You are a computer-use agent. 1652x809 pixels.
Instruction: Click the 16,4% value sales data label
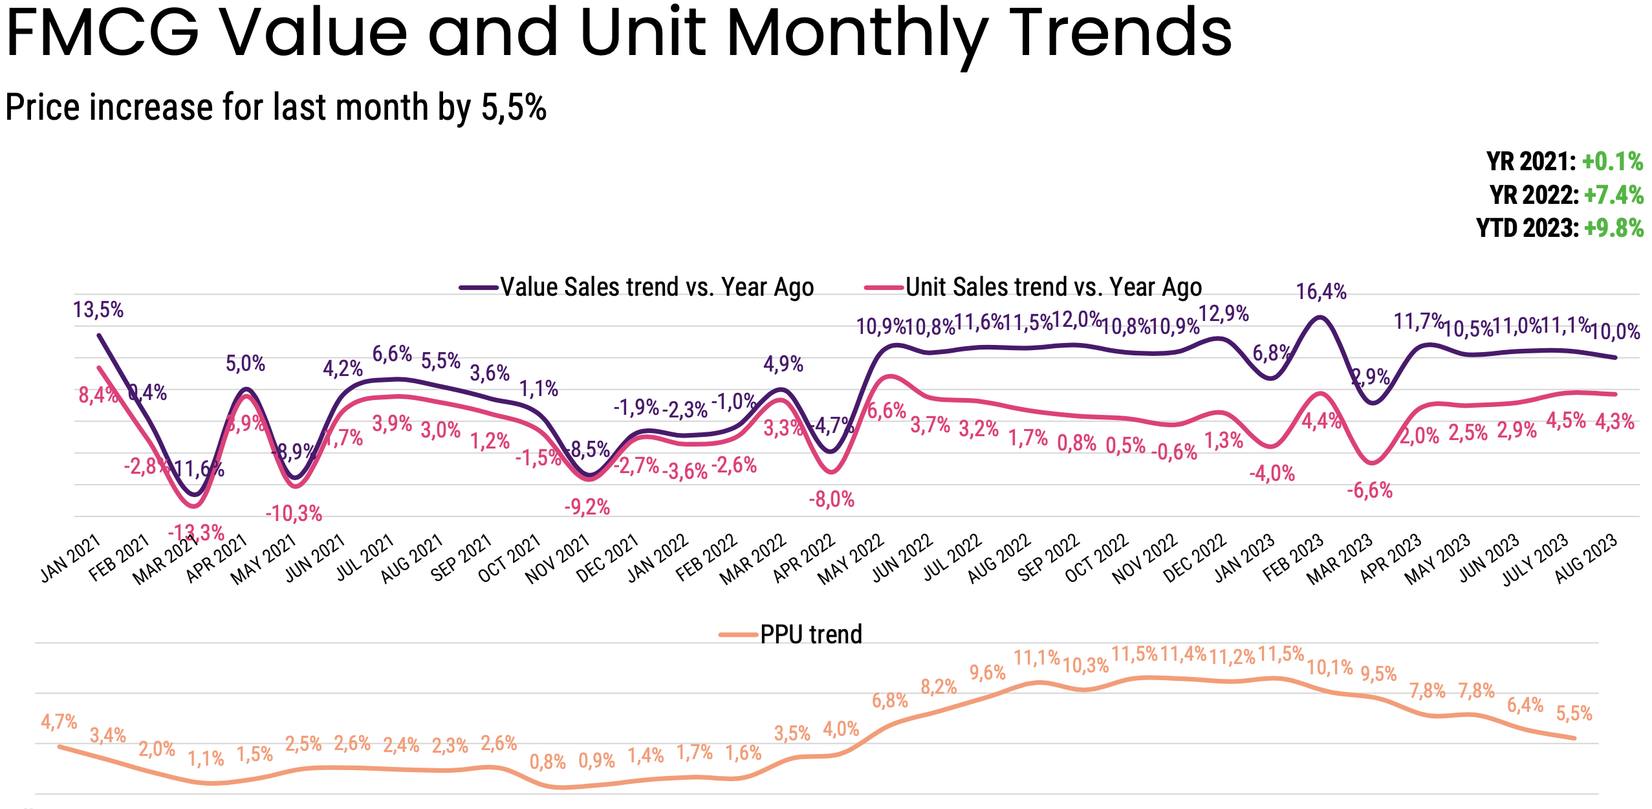point(1321,292)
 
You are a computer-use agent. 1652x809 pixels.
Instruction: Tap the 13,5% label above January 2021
point(98,310)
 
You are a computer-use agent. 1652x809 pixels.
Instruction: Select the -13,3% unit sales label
point(196,533)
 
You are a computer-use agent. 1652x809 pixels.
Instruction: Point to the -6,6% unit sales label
point(1369,491)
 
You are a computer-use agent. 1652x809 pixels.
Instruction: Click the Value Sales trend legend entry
point(637,287)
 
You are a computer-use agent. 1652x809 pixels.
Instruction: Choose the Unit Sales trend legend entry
point(1034,287)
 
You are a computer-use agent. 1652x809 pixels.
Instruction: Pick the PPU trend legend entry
point(791,634)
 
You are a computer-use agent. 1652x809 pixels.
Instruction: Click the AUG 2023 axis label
point(1586,559)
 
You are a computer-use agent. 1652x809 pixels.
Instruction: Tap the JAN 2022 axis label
point(658,559)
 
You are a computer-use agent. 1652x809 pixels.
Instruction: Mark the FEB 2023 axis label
point(1293,559)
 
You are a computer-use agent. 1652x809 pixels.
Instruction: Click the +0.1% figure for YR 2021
point(1613,162)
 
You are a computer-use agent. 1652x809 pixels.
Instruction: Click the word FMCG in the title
point(103,32)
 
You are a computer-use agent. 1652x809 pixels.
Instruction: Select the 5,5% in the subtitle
point(514,107)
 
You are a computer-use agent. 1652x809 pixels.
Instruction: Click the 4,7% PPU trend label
point(59,722)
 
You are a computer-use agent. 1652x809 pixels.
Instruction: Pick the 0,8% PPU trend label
point(548,762)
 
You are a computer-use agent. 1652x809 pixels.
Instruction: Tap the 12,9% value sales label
point(1223,314)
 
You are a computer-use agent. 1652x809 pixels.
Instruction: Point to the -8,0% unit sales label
point(832,500)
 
